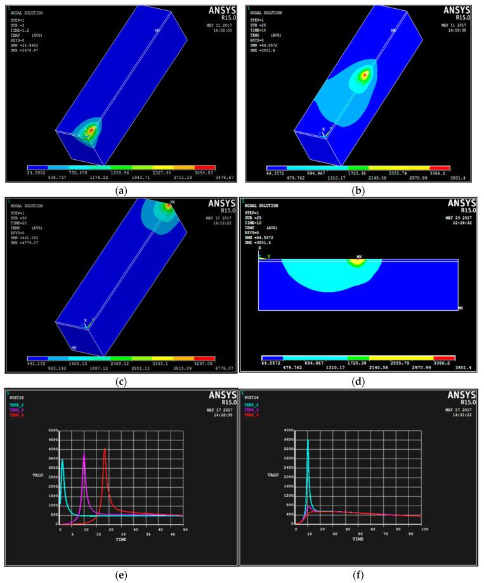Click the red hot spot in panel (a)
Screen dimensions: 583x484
90,131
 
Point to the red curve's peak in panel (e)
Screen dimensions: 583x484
105,449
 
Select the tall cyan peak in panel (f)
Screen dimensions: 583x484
308,440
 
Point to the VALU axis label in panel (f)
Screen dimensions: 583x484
274,475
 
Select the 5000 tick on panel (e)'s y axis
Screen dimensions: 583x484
54,431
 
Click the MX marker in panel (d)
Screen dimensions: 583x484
359,258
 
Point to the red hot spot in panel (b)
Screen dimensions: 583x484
364,75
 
